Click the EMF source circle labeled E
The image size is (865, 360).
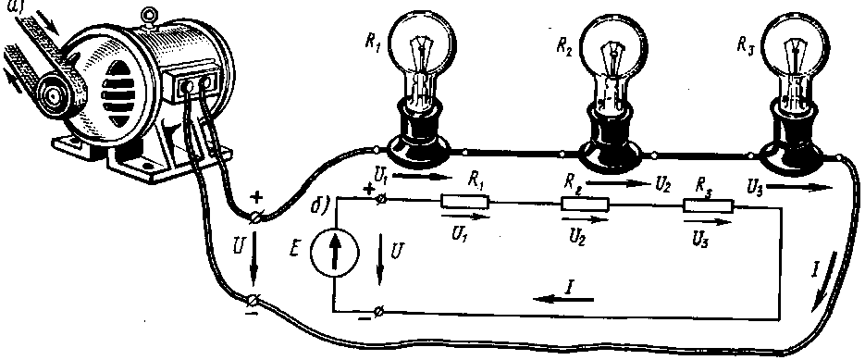pyautogui.click(x=334, y=253)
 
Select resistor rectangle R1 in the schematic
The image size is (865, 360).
pyautogui.click(x=465, y=201)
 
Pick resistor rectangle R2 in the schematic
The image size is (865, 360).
pyautogui.click(x=586, y=204)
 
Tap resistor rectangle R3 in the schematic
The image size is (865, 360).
pyautogui.click(x=708, y=205)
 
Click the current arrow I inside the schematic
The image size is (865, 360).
pyautogui.click(x=563, y=299)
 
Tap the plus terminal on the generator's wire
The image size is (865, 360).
pyautogui.click(x=255, y=217)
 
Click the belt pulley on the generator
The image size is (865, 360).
pyautogui.click(x=55, y=95)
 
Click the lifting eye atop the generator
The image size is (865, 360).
pyautogui.click(x=147, y=14)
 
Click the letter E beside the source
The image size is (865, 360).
pyautogui.click(x=293, y=250)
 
